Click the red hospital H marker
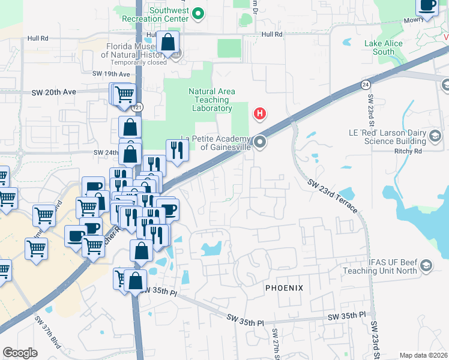point(260,113)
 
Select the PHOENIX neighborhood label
point(285,289)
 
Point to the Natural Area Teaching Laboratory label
point(211,100)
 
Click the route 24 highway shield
point(365,85)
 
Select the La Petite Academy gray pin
point(260,142)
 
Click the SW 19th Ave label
point(111,74)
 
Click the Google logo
point(20,353)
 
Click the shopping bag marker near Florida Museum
point(168,43)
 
